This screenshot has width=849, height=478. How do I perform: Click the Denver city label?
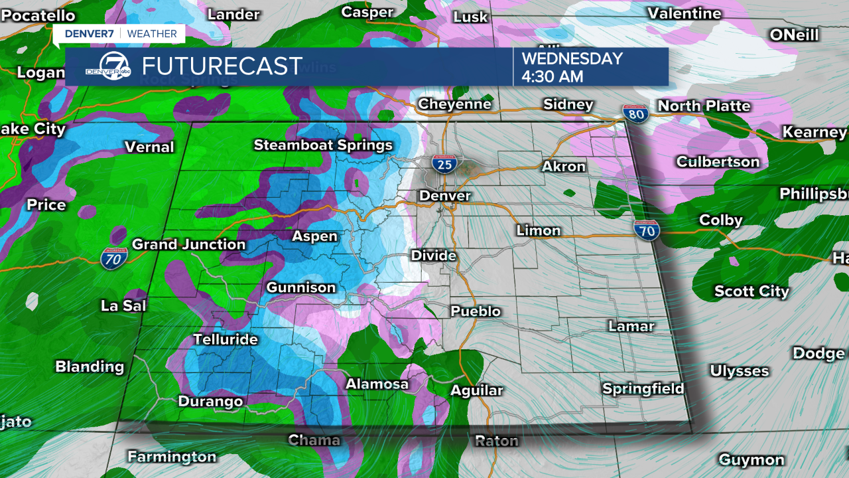[444, 196]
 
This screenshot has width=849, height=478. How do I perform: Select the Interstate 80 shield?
[635, 114]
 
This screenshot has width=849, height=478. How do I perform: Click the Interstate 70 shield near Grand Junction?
[113, 259]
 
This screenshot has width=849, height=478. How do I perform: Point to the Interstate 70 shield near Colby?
[645, 230]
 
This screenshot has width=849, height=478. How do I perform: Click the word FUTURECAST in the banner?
[222, 66]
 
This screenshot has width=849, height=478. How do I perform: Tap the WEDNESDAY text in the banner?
[572, 58]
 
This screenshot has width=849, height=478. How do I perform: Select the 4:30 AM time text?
[552, 76]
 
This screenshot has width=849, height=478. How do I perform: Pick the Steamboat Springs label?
[323, 145]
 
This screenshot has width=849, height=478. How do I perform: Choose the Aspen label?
[314, 236]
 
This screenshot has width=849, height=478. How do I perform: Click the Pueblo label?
[476, 311]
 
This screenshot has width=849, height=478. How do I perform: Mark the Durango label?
[210, 402]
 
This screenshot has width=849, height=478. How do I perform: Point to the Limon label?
[539, 230]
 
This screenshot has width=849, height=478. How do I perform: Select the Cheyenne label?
[454, 104]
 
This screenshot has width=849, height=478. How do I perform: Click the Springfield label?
[643, 389]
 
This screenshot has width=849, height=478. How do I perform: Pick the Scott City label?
[751, 291]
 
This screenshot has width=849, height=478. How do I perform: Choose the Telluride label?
[225, 339]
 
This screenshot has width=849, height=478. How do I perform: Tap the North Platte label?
[704, 106]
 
